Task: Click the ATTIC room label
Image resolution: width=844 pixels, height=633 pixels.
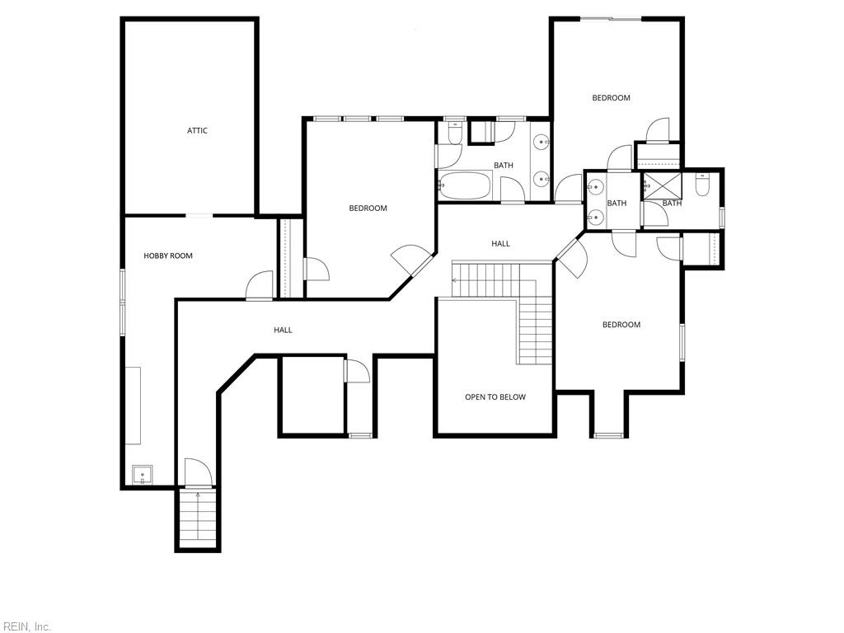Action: (x=197, y=131)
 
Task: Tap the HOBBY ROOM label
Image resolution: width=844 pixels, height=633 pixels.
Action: (x=168, y=256)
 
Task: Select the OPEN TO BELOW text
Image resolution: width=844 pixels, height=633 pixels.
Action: (x=495, y=397)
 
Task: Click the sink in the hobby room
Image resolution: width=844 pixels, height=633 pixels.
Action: (x=143, y=475)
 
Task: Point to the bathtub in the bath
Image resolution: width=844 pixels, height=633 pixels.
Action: (x=465, y=185)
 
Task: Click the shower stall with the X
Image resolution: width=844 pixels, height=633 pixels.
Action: (x=663, y=185)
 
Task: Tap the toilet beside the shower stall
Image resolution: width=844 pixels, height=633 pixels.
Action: (x=702, y=185)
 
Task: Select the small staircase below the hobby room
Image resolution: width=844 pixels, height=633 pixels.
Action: (x=198, y=518)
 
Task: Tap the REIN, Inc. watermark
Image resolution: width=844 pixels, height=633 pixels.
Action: (x=26, y=626)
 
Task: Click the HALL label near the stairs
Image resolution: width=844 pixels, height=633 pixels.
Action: (x=500, y=244)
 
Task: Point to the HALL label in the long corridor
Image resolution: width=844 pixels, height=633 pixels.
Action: (x=284, y=330)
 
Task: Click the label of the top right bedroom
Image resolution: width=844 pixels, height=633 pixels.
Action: (x=611, y=98)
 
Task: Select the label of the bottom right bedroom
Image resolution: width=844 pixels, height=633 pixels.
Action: (x=621, y=325)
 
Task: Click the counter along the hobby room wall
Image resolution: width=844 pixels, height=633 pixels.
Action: (x=133, y=406)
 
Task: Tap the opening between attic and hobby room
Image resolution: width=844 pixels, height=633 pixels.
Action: (x=199, y=215)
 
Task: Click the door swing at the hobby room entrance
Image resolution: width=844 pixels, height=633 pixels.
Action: (x=260, y=284)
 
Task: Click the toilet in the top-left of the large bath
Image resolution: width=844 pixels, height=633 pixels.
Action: (x=455, y=133)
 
